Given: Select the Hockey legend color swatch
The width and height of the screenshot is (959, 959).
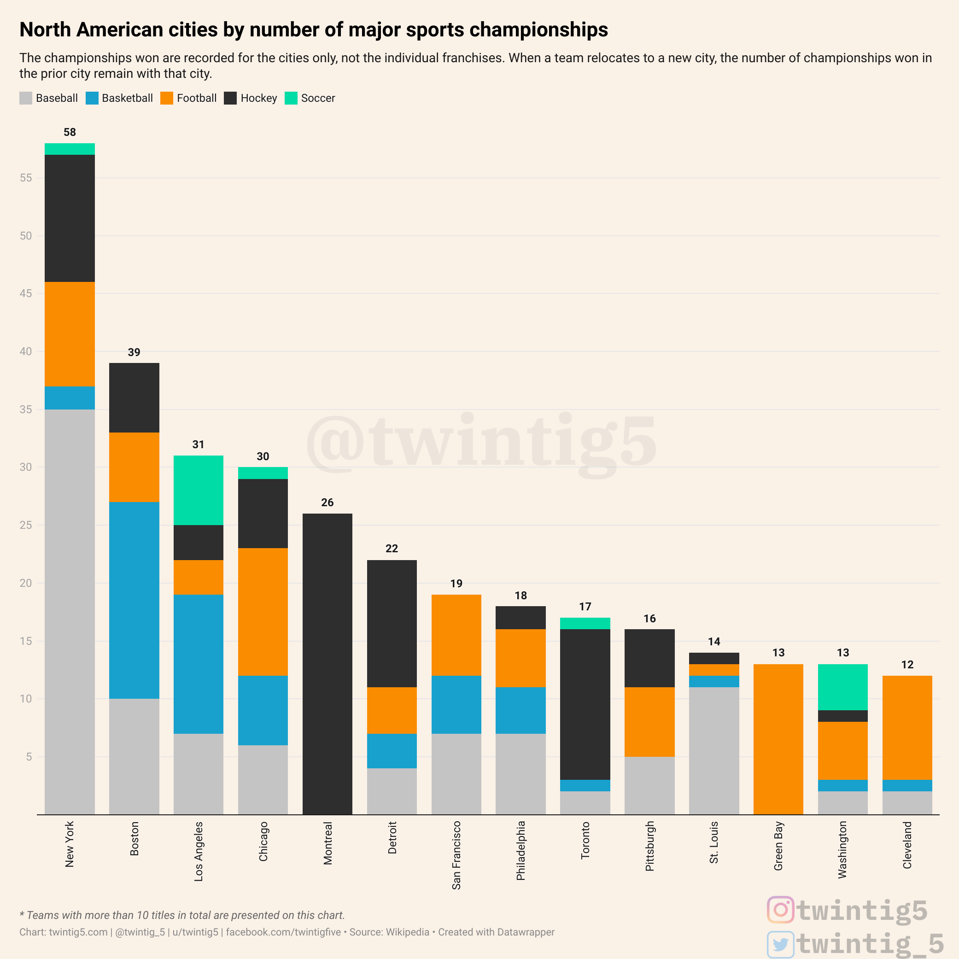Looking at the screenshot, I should tap(230, 98).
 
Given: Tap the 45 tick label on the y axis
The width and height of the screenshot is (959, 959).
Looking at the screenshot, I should tap(26, 293).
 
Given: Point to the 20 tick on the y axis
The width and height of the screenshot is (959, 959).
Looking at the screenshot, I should tap(26, 583).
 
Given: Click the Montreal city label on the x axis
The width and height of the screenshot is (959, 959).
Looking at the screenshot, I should tap(327, 843).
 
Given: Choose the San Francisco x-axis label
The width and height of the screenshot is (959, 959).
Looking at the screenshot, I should tap(456, 855).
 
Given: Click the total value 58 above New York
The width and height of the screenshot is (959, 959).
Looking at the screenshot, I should tap(70, 132).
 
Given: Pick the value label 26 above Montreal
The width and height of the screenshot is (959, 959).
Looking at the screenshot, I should tap(327, 503).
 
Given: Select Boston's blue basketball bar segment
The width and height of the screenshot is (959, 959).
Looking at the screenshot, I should tap(134, 600).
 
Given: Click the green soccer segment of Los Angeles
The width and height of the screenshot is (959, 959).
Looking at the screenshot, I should tap(198, 490).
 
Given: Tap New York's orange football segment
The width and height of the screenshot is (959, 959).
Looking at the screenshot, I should tap(70, 334).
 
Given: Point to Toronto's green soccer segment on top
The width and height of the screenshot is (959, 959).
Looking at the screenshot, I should tap(585, 624).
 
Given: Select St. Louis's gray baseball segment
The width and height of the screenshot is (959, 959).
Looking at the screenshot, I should tap(714, 750).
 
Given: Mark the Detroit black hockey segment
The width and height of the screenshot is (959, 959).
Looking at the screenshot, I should tap(392, 624).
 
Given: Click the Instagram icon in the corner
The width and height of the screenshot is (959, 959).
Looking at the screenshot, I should tap(780, 910).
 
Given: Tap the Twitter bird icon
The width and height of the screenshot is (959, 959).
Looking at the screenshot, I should tap(780, 944).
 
